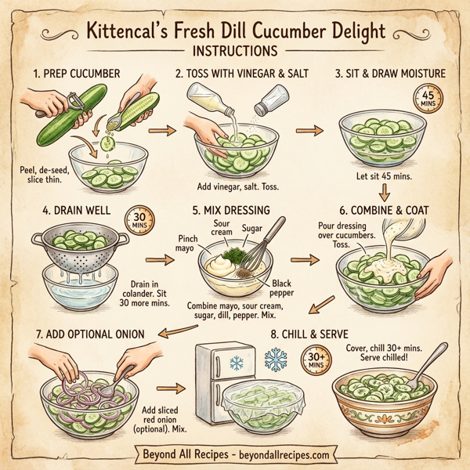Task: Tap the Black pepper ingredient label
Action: (x=283, y=288)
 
